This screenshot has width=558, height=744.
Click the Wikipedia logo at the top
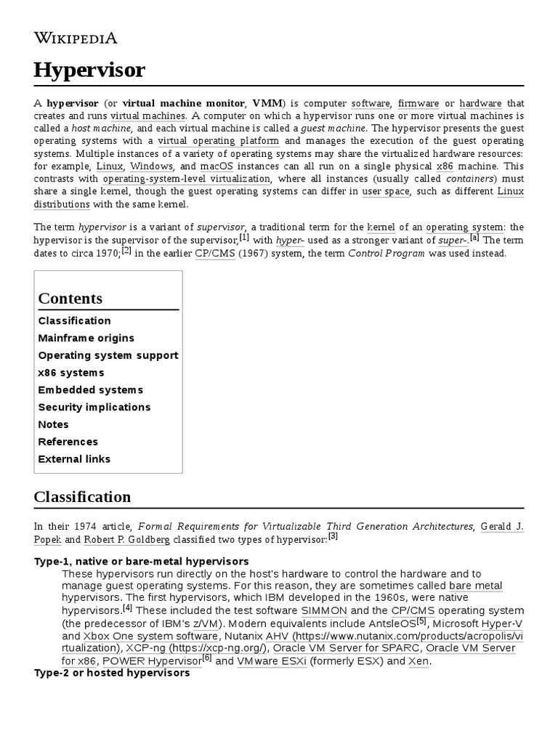[x=76, y=39]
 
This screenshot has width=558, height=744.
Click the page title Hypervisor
[x=89, y=70]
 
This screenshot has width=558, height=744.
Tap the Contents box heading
[x=70, y=299]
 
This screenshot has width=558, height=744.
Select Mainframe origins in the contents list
[x=86, y=338]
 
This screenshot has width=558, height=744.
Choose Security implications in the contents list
[x=94, y=407]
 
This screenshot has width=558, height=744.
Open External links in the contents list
[x=74, y=459]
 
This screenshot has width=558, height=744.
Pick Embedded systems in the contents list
[x=90, y=390]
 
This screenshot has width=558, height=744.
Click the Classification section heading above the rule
[x=82, y=497]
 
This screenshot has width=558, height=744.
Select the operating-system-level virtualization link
[x=187, y=179]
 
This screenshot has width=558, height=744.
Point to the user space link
[x=386, y=192]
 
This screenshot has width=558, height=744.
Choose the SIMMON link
[x=323, y=610]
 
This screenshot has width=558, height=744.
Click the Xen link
[x=418, y=661]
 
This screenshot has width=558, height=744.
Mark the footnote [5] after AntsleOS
[x=421, y=620]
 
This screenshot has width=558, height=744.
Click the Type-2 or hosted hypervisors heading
[x=112, y=673]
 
